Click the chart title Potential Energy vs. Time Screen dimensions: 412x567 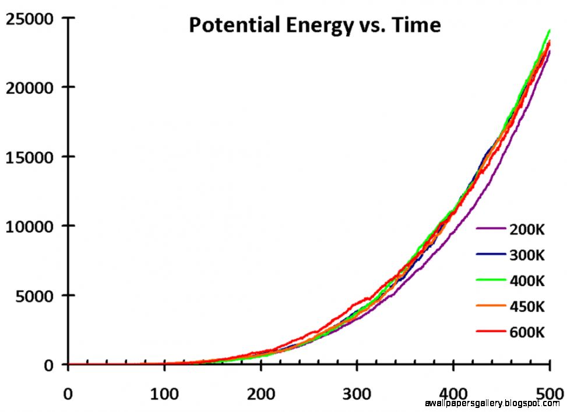pyautogui.click(x=314, y=25)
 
